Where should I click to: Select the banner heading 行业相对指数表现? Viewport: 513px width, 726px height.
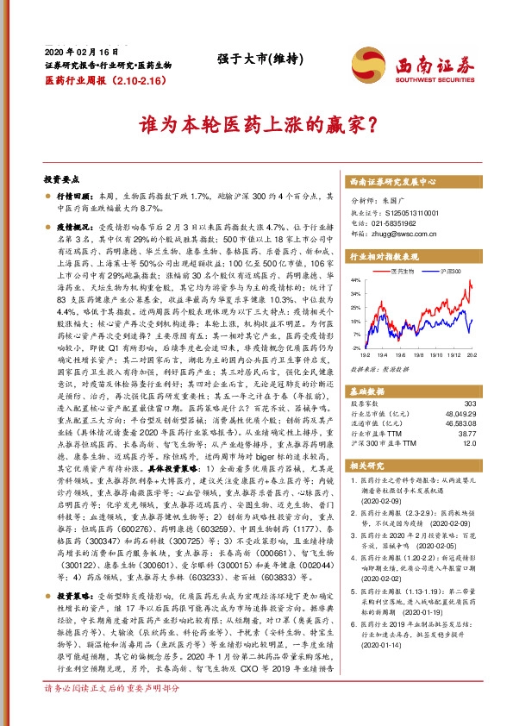(x=384, y=257)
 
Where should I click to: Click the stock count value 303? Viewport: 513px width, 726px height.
(x=469, y=404)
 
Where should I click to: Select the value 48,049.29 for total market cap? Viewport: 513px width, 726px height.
(x=460, y=414)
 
